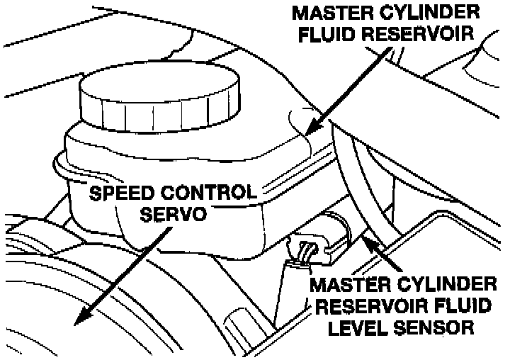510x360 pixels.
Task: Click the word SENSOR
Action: pyautogui.click(x=434, y=327)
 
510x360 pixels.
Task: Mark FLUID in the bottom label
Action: pyautogui.click(x=460, y=307)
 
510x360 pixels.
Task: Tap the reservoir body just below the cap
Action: pyautogui.click(x=177, y=152)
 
